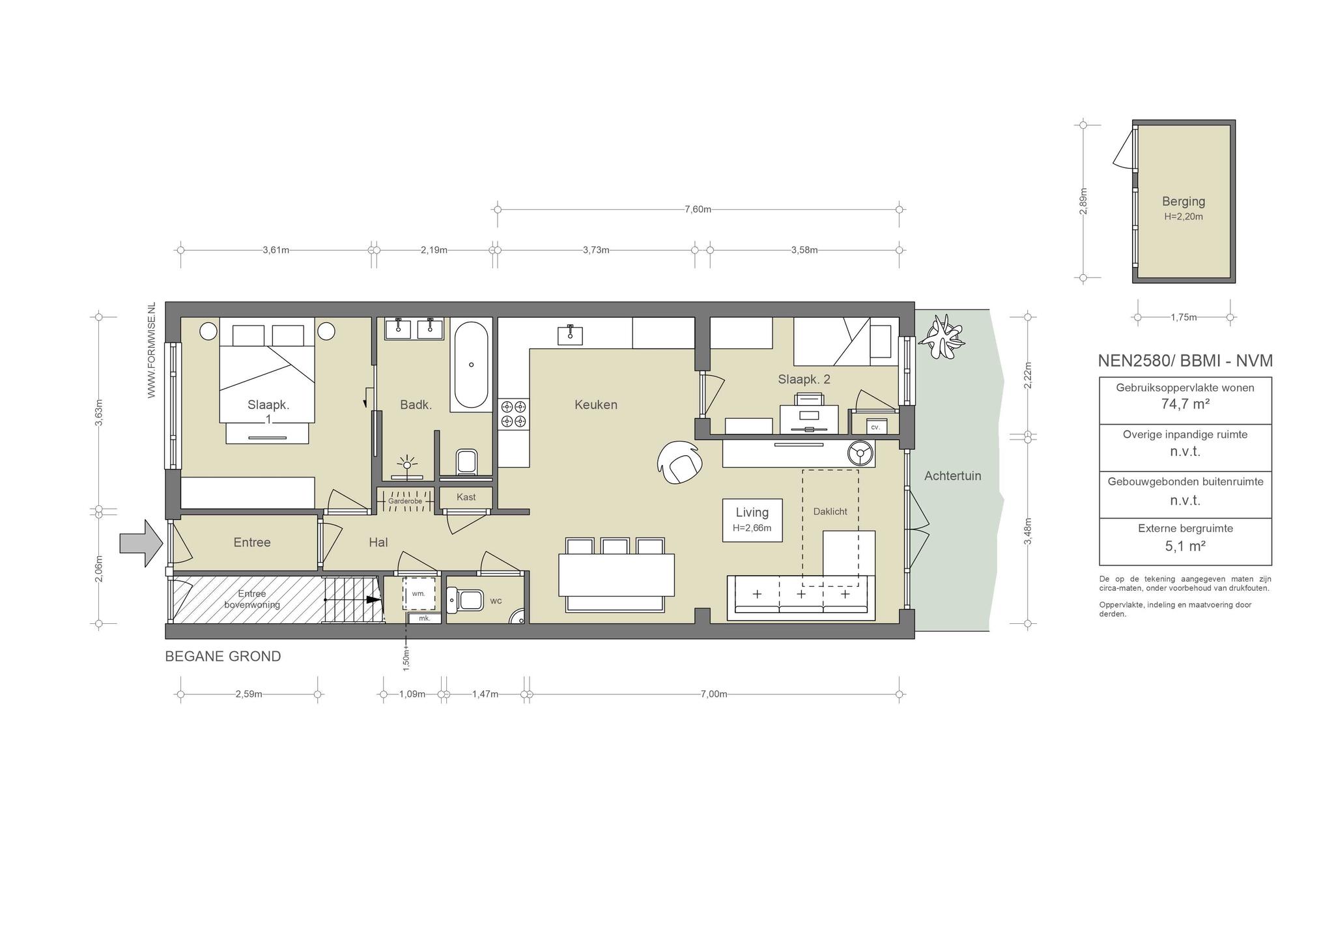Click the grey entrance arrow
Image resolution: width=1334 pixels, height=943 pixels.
pyautogui.click(x=141, y=543)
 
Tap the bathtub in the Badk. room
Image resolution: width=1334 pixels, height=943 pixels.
pyautogui.click(x=471, y=365)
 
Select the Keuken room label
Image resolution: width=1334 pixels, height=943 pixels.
pyautogui.click(x=595, y=404)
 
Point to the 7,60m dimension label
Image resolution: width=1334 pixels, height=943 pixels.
pyautogui.click(x=698, y=209)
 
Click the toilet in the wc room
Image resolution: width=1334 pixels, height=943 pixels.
pyautogui.click(x=465, y=598)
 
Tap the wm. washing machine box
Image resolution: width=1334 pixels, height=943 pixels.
pyautogui.click(x=419, y=593)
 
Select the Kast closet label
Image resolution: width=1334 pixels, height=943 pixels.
pyautogui.click(x=466, y=497)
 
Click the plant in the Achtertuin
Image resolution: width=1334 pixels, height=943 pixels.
pyautogui.click(x=941, y=337)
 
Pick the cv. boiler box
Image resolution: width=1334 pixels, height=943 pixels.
pyautogui.click(x=875, y=427)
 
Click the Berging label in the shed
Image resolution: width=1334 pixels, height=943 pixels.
pyautogui.click(x=1184, y=201)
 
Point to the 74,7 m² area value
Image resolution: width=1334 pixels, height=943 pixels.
pyautogui.click(x=1185, y=404)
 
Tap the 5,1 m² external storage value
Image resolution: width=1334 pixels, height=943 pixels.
pyautogui.click(x=1185, y=546)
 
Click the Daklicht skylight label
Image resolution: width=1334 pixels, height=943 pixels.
pyautogui.click(x=830, y=511)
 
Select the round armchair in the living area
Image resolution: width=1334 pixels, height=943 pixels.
pyautogui.click(x=680, y=462)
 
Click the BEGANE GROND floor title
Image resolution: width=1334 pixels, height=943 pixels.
pyautogui.click(x=223, y=656)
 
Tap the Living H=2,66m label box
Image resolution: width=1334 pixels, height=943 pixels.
pyautogui.click(x=752, y=520)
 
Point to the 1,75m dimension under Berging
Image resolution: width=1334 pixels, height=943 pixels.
pyautogui.click(x=1184, y=318)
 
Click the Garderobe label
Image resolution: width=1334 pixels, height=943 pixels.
pyautogui.click(x=405, y=501)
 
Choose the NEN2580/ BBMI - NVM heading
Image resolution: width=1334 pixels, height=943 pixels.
pyautogui.click(x=1185, y=361)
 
